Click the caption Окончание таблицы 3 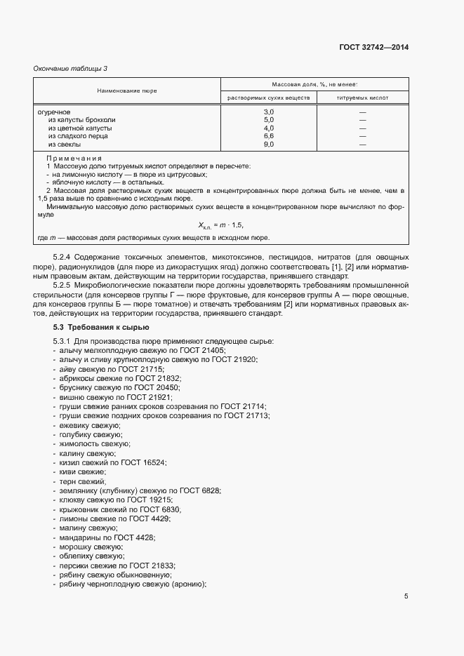point(70,68)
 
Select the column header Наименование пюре point(127,91)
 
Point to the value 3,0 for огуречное point(268,112)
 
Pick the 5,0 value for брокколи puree point(268,120)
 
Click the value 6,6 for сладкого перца point(268,136)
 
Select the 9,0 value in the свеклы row point(268,145)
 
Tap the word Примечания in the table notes point(74,158)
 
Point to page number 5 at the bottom point(406,596)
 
